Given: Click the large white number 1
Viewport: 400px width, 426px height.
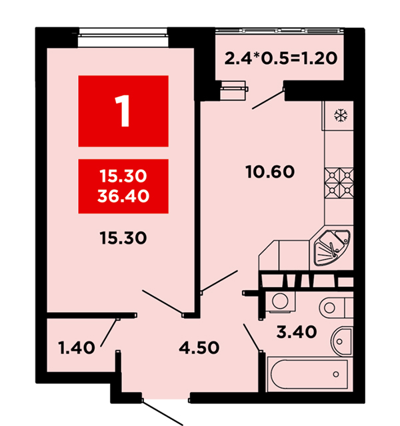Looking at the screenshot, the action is pos(122,111).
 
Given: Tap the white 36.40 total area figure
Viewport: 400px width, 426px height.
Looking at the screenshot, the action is pos(123,196).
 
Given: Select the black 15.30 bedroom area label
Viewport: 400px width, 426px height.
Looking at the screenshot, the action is pos(123,238).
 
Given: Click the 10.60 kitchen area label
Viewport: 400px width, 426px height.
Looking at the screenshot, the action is pos(270,172).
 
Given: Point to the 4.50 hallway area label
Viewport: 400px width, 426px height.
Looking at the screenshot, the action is pos(199,347).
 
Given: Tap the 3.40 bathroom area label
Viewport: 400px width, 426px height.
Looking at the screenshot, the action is pos(297,331).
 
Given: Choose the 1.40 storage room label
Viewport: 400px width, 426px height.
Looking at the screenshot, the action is pos(77,347).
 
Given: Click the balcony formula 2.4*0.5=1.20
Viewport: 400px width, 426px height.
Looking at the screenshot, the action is pos(281,58).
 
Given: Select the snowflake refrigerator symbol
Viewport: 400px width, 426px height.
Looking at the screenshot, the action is pos(341,115).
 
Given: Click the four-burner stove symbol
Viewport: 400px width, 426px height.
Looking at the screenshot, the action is pos(339,183).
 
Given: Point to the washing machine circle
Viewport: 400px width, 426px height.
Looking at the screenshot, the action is pos(280,301).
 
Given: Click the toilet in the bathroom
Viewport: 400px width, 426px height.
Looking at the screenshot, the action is pos(336,308).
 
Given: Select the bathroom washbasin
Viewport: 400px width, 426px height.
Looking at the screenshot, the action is pos(341,341).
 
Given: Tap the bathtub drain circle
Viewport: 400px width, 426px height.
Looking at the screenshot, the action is pos(336,374).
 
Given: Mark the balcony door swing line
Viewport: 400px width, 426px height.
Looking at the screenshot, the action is pos(268,99).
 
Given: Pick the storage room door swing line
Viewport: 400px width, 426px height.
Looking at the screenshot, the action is pos(109,333).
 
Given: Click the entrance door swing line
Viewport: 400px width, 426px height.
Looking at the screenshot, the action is pos(163,413).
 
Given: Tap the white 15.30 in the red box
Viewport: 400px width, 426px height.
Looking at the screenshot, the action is pos(123,176).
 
